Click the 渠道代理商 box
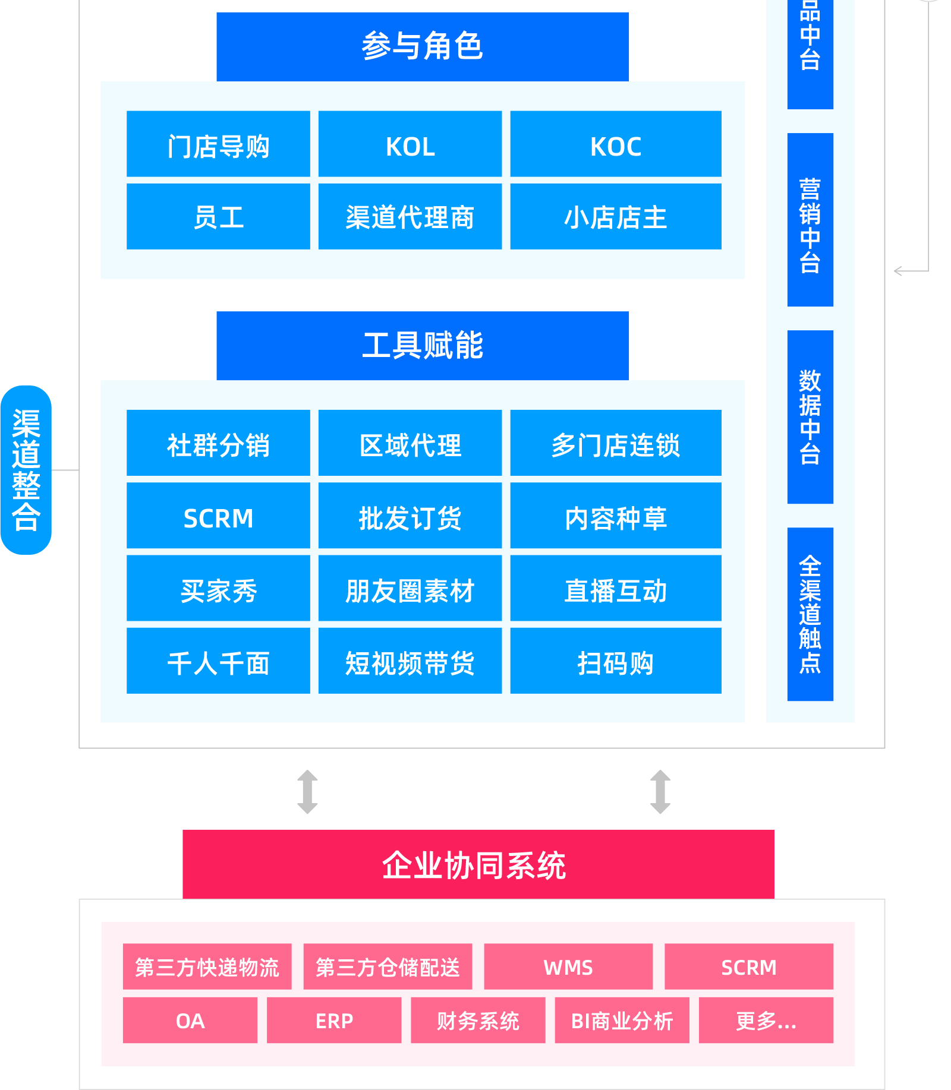[410, 217]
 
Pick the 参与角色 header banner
[423, 46]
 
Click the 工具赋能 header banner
[423, 346]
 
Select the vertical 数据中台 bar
[810, 417]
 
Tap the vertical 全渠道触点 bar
[810, 614]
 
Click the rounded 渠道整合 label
[26, 470]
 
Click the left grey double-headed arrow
[307, 792]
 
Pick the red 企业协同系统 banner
[478, 864]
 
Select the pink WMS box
[568, 966]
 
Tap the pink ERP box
[334, 1021]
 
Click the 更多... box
[766, 1021]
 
